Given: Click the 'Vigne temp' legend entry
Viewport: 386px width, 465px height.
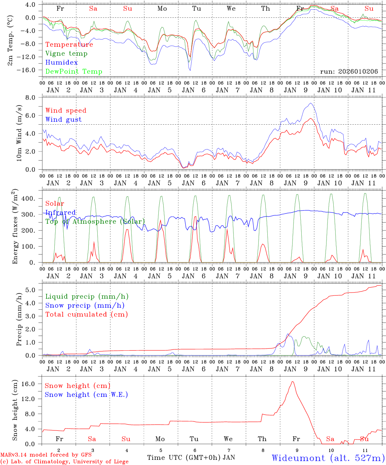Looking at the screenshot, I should point(66,54).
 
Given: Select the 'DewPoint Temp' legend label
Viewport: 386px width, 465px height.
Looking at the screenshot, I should point(74,72).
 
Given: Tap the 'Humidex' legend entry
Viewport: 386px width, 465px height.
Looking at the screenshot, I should point(61,63).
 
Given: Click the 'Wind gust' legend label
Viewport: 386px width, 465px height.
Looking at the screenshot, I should point(63,119).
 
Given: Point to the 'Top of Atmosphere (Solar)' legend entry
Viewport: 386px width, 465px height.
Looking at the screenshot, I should point(95,222).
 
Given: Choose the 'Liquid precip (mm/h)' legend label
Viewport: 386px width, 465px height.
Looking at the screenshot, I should point(87,296).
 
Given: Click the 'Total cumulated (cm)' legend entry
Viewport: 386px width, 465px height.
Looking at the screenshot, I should point(86,315).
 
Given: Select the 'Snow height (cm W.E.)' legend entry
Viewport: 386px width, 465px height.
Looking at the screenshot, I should point(86,395).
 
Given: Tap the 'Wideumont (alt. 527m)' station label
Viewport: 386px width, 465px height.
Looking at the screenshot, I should point(328,458).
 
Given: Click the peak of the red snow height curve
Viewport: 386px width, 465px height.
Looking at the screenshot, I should point(293,382).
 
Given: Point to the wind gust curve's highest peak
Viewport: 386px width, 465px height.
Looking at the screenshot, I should point(310,103).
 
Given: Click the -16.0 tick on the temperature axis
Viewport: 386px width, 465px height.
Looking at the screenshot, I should point(27,70).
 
